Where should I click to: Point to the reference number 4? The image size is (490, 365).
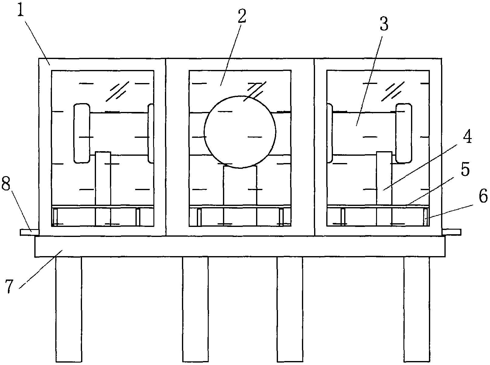(x=467, y=137)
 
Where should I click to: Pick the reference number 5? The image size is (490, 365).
(x=465, y=170)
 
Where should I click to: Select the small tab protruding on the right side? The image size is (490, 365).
(x=451, y=232)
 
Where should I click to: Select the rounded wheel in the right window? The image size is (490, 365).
(x=403, y=133)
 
